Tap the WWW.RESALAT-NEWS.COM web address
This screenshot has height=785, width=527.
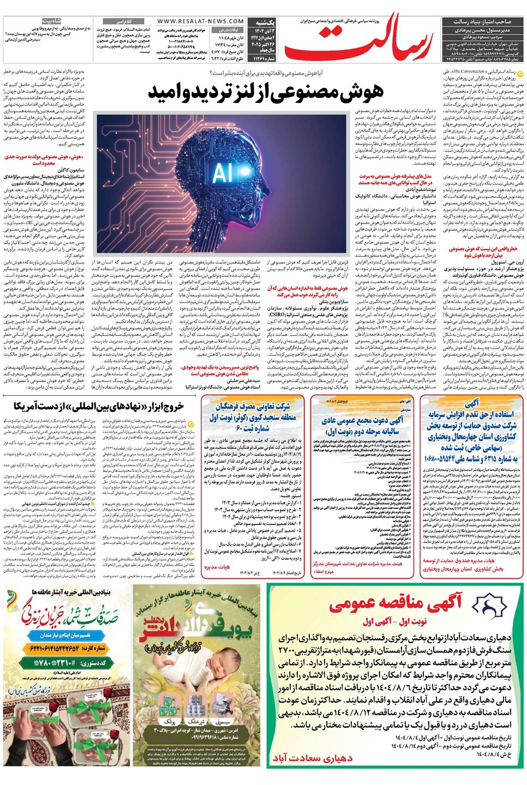201,21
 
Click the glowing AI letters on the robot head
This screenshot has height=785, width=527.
223,172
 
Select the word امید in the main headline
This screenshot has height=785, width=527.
166,93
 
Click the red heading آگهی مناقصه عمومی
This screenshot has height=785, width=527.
395,602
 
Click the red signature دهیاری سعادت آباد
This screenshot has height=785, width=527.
313,758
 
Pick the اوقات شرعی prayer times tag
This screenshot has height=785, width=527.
229,30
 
